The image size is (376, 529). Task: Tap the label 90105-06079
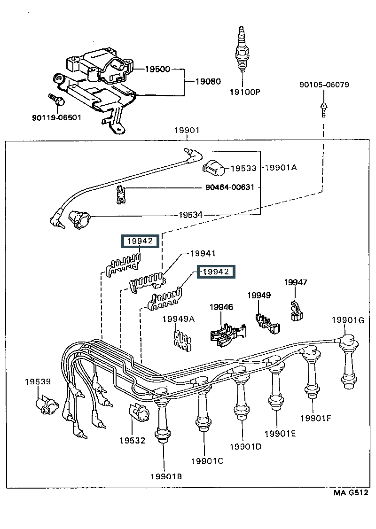pos(323,85)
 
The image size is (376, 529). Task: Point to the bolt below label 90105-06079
pos(324,109)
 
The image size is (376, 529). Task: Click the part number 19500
pos(157,69)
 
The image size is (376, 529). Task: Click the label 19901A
pos(282,168)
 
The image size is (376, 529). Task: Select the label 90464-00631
pos(230,187)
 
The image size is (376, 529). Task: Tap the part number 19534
pos(190,215)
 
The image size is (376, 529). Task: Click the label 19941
pos(203,254)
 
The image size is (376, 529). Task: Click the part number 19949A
pos(179,319)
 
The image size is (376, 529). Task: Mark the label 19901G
pos(348,320)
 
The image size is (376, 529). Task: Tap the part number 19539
pos(38,382)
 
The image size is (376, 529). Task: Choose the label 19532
pos(132,440)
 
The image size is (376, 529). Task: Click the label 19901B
pos(166,477)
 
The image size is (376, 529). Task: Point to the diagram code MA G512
pos(351,493)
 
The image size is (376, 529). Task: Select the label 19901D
pos(245,446)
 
